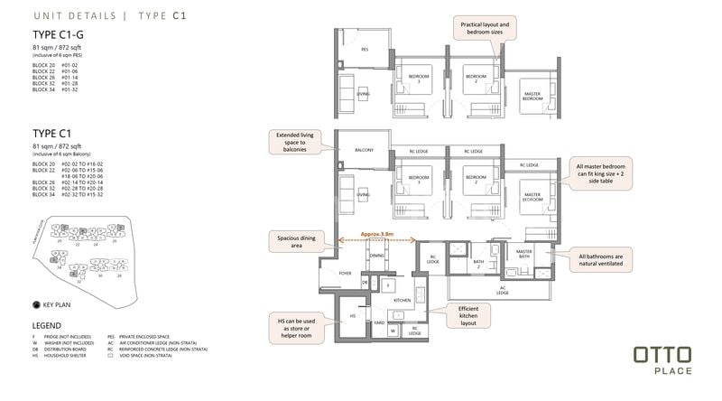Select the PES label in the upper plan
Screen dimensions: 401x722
tap(364, 50)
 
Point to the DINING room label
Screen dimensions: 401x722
tap(376, 256)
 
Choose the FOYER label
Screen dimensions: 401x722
tap(347, 269)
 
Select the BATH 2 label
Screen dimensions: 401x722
tap(479, 264)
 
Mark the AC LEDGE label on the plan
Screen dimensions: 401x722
tap(503, 291)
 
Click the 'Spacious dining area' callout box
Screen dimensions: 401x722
tap(293, 242)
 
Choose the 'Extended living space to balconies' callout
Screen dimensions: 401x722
tap(295, 144)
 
